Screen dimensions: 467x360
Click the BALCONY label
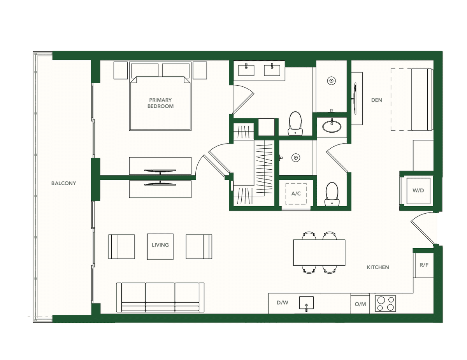[63, 183]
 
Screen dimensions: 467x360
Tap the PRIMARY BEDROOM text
[160, 103]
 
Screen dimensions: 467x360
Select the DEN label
[377, 100]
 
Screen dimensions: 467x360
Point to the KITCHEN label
[377, 267]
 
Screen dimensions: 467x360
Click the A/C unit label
[296, 194]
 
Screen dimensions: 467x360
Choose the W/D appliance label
[418, 190]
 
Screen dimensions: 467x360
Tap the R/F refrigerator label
[424, 265]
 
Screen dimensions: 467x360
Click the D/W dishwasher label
[283, 303]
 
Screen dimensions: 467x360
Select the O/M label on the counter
[360, 304]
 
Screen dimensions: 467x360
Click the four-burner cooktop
[385, 304]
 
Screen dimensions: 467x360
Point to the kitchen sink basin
[306, 303]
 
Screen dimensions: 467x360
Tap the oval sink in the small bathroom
[332, 126]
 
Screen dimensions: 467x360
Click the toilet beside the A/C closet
[332, 194]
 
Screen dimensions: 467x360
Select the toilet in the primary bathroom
[295, 123]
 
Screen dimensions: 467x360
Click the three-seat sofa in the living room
[160, 297]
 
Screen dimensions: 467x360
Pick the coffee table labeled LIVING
[160, 246]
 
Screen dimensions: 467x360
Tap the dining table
[319, 253]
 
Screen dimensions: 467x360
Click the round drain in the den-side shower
[332, 81]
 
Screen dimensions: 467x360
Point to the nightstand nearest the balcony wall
[121, 70]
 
